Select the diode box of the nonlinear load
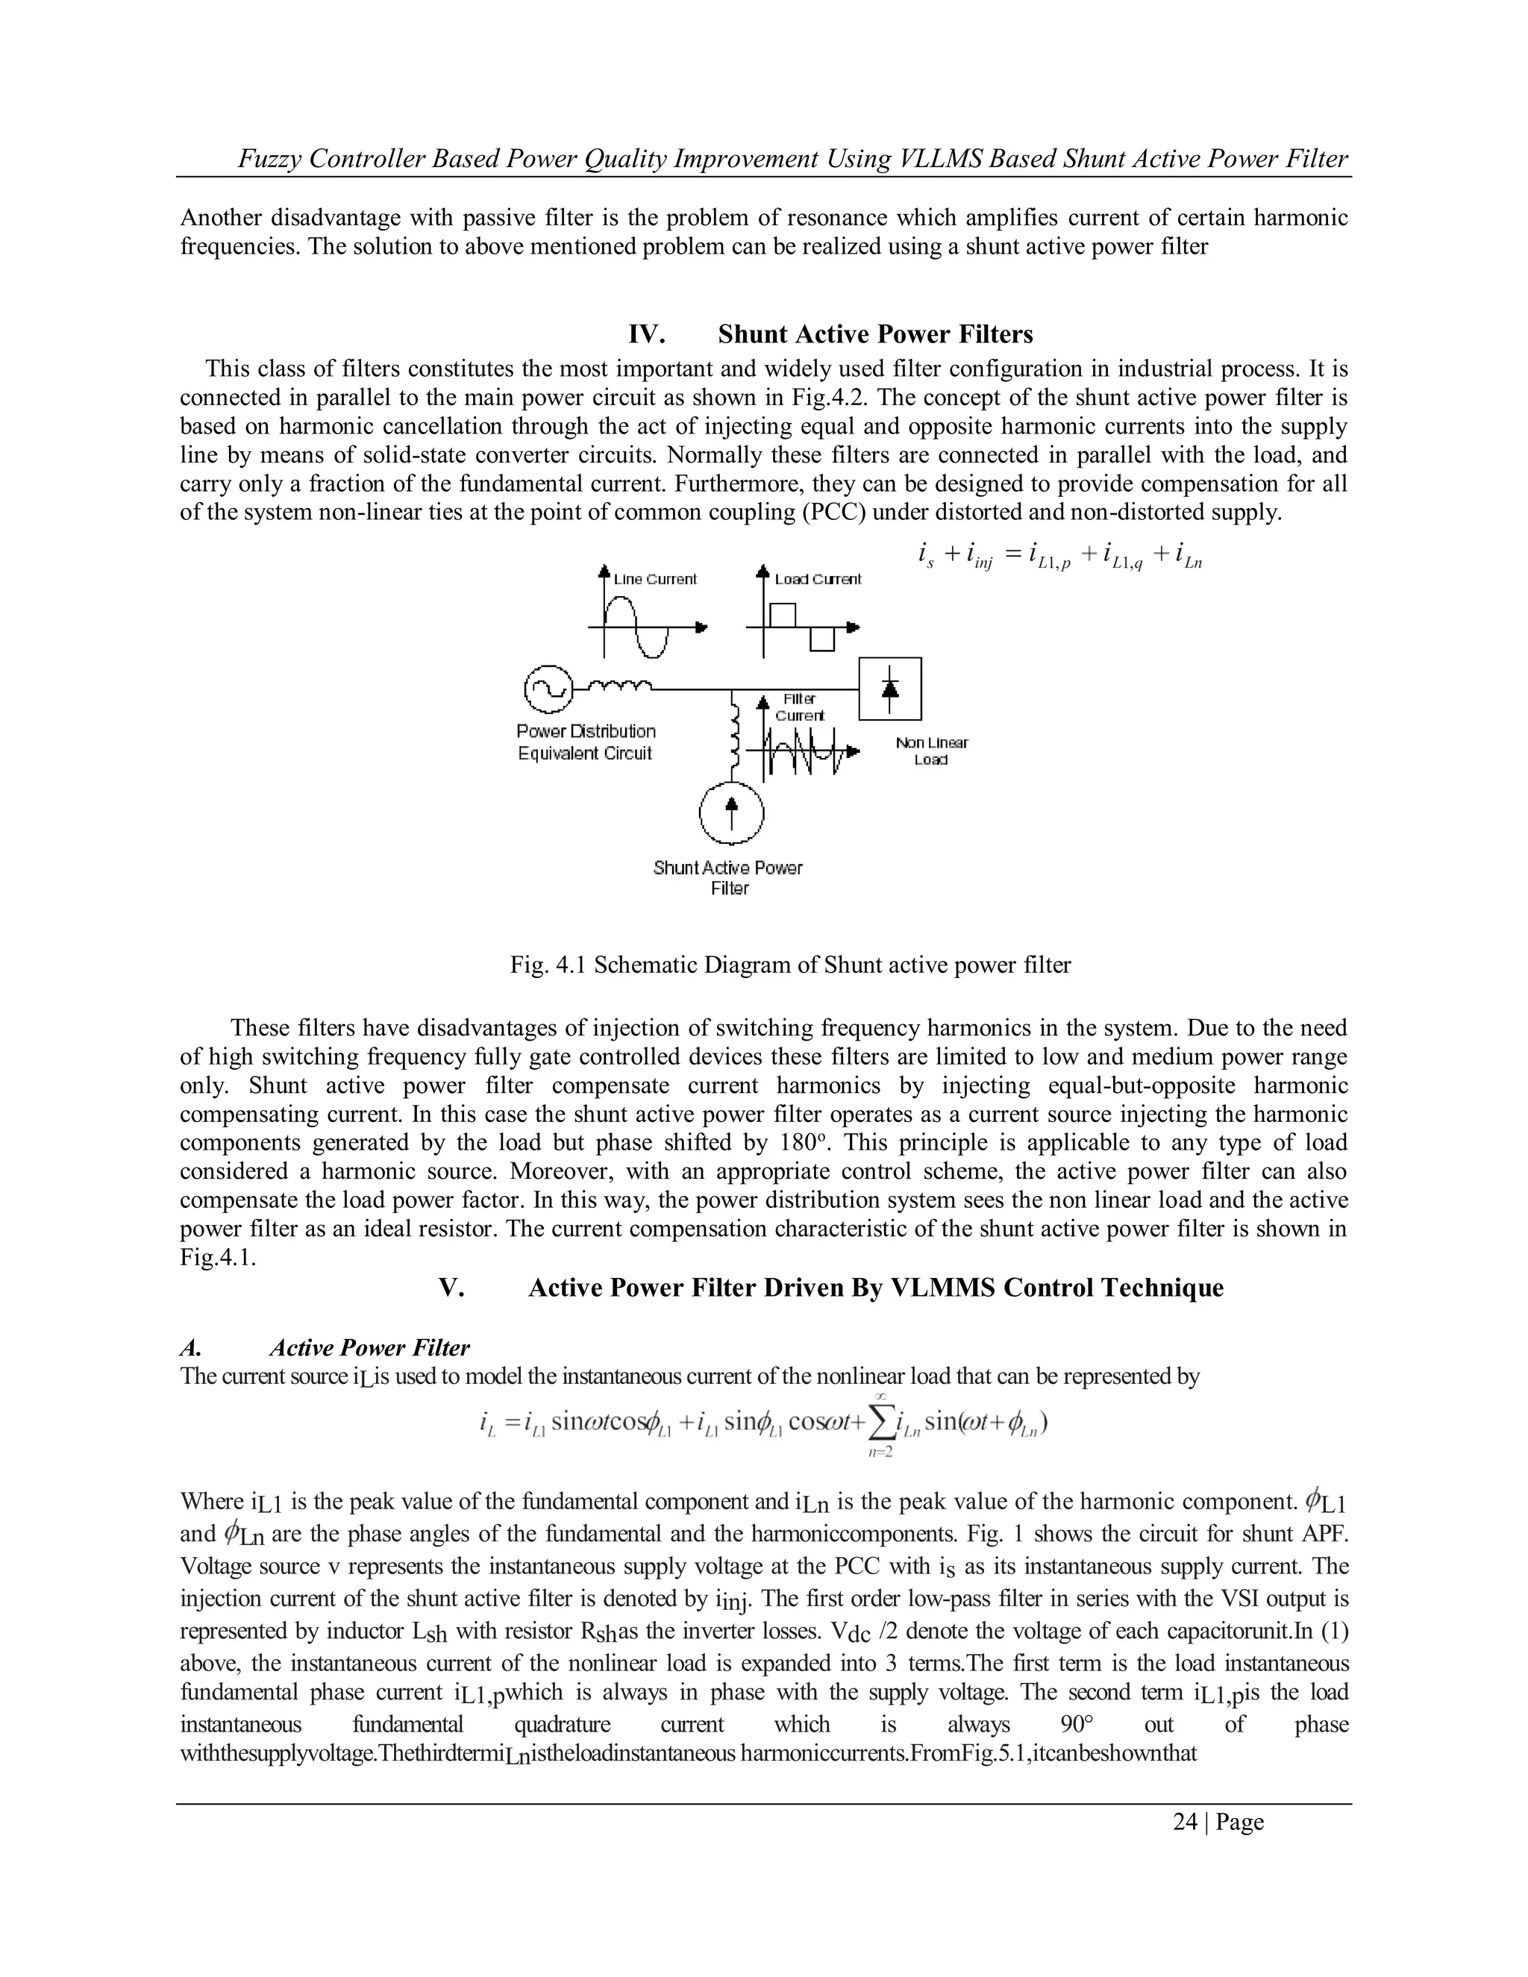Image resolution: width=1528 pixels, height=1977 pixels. [x=890, y=689]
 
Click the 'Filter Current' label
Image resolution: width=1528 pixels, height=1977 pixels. [x=799, y=707]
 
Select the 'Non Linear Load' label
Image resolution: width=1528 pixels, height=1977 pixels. [x=931, y=751]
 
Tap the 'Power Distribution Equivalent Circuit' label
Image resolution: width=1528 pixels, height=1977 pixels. [x=586, y=742]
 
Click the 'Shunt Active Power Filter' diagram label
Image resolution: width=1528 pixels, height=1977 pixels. [x=727, y=877]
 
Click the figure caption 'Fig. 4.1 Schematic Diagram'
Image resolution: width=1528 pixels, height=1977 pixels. [x=789, y=965]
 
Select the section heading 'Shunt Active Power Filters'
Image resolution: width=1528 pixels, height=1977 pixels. [x=874, y=334]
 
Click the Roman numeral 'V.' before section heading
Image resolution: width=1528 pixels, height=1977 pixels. [x=451, y=1287]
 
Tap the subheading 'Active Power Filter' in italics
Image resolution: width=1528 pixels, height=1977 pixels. [x=369, y=1348]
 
